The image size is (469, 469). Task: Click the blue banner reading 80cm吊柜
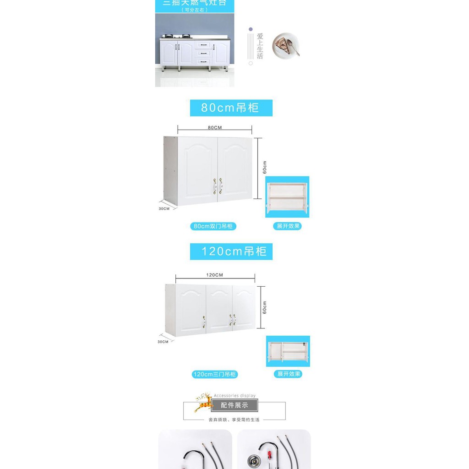point(231,108)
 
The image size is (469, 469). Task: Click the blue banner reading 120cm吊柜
point(231,251)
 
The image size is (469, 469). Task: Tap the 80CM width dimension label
point(214,128)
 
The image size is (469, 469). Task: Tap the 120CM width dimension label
point(214,275)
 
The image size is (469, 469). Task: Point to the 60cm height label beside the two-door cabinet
point(265,167)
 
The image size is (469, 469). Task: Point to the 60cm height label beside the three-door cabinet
point(265,307)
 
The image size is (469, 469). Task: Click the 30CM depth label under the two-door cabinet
point(164,209)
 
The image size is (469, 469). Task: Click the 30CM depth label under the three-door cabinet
point(163,342)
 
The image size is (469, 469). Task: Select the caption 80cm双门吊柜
point(213,226)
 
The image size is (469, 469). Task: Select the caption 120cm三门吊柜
point(214,375)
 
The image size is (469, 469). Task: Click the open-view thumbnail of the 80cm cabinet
point(287,197)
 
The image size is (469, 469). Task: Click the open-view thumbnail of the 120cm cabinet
point(288,351)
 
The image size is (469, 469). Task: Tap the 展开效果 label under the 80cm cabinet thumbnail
point(288,226)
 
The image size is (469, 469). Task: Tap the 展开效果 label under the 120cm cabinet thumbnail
point(289,374)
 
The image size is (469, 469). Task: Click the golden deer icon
point(202,402)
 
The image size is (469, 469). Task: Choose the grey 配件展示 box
point(234,405)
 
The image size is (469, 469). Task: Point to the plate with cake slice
point(286,45)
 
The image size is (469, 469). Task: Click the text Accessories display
point(234,396)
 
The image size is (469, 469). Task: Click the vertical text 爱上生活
point(260,46)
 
